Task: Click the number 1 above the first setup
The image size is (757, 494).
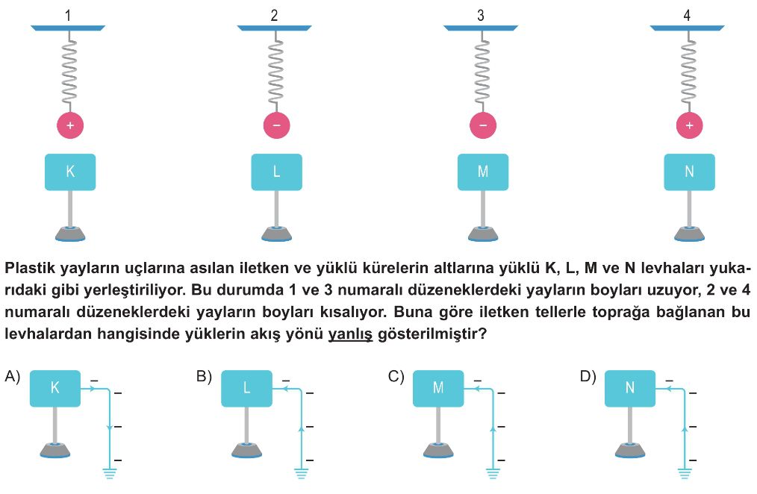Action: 68,16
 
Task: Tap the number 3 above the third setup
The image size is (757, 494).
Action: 480,16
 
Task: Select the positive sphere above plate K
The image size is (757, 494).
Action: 70,125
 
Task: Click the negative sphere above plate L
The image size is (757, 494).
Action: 277,125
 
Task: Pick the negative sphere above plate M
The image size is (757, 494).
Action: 483,125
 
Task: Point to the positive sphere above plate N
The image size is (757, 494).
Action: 689,125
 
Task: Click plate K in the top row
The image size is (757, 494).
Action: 70,172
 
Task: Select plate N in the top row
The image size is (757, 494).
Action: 689,172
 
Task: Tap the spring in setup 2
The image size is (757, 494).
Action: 275,71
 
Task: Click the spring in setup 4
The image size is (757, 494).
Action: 688,71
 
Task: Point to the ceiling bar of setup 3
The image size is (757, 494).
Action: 481,28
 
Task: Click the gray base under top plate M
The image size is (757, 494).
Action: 483,234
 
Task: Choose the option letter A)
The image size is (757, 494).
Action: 13,376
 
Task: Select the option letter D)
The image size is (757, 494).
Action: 588,376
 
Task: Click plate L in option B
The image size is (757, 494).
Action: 246,388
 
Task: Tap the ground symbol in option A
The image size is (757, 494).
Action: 110,473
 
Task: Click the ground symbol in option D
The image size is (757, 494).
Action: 685,473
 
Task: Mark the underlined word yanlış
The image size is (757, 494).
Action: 350,334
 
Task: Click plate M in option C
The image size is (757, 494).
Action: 438,388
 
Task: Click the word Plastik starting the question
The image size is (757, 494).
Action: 31,268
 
